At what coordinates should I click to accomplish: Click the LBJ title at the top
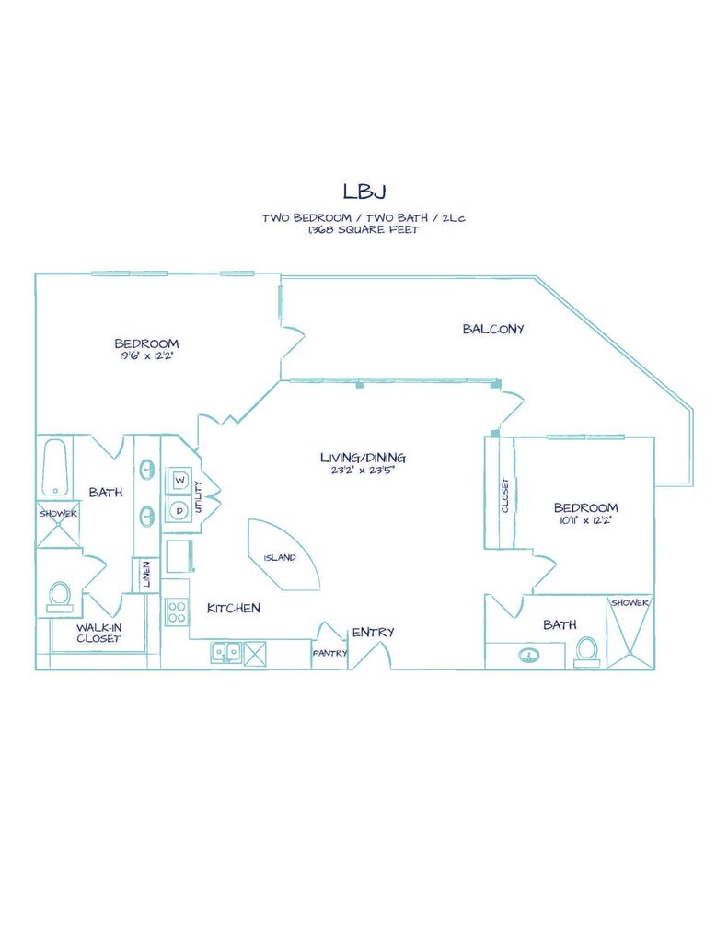point(364,191)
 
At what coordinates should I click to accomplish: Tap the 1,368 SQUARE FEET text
point(364,229)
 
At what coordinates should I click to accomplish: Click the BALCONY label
point(493,329)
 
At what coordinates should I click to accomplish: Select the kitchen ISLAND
point(283,555)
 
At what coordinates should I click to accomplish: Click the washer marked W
point(179,481)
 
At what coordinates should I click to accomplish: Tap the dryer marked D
point(179,511)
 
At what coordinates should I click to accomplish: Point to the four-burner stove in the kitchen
point(176,611)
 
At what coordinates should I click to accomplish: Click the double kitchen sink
point(226,653)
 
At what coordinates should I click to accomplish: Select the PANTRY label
point(329,653)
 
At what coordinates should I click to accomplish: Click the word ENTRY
point(373,632)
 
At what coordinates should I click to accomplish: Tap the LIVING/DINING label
point(364,458)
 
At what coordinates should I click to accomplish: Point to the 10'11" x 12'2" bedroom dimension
point(585,521)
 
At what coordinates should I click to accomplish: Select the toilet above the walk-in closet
point(60,597)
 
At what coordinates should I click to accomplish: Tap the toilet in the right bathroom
point(586,651)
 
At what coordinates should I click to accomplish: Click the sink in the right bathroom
point(528,655)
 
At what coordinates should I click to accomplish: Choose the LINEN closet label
point(146,575)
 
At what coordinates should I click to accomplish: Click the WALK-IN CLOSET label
point(99,634)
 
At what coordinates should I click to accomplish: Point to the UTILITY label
point(199,497)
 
